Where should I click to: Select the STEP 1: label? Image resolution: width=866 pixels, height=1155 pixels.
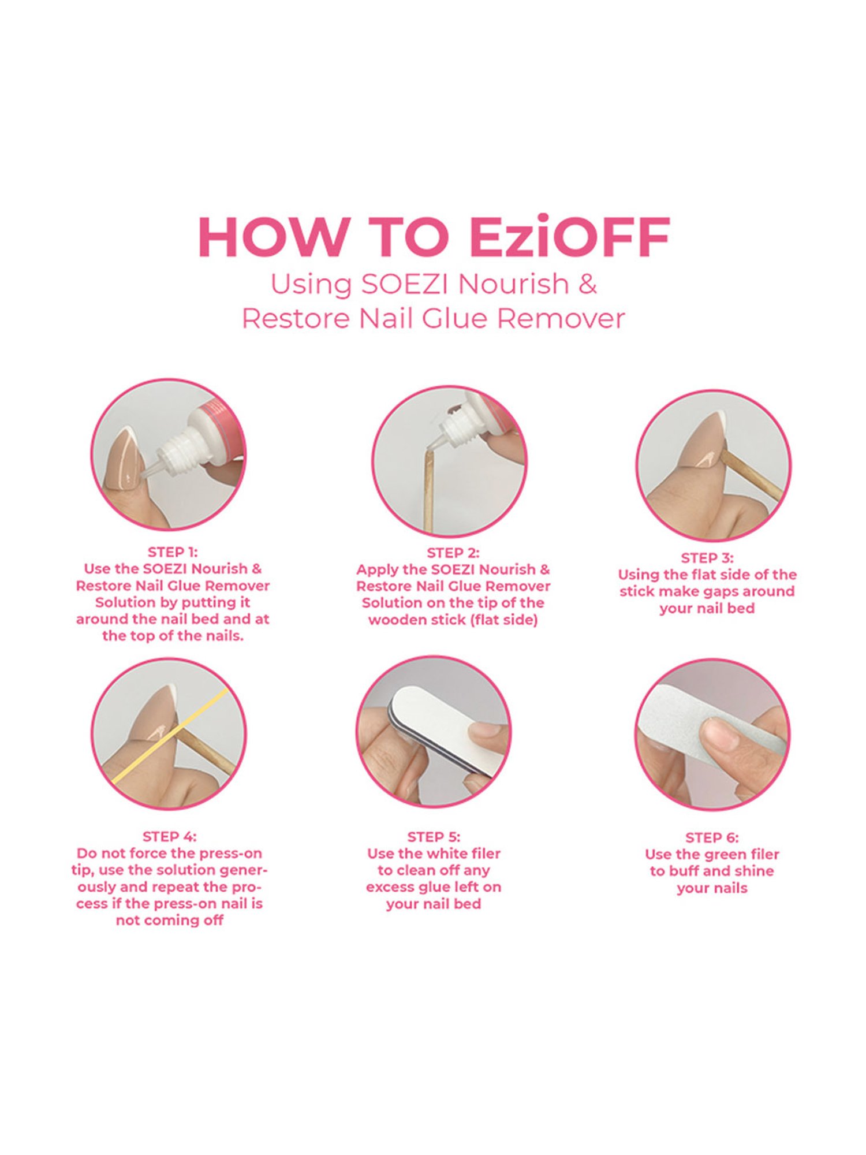coord(173,552)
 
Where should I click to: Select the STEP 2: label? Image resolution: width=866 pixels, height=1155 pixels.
coord(453,553)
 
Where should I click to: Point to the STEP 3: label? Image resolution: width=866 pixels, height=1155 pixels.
coord(707,558)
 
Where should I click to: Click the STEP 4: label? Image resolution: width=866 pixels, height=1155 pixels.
coord(169,836)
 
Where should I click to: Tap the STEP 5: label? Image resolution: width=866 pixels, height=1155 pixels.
coord(433,837)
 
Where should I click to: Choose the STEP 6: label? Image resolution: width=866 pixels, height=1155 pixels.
coord(711,837)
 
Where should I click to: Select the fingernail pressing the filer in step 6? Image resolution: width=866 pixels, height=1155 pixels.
coord(718,733)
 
